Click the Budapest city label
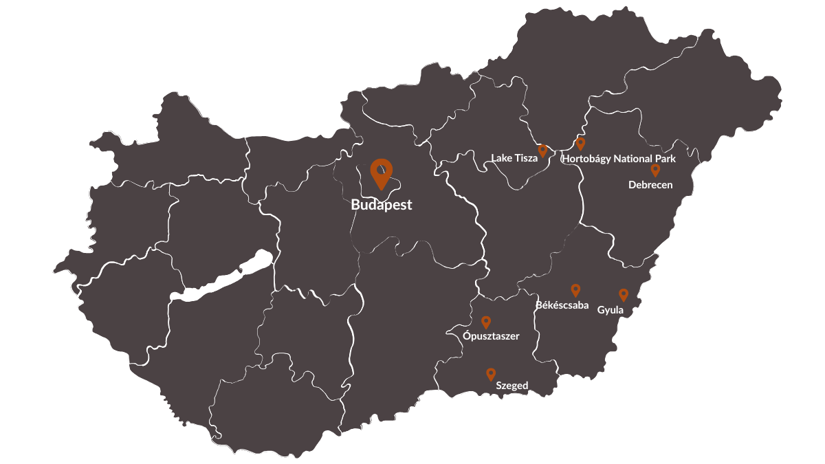point(381,205)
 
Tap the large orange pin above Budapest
point(381,172)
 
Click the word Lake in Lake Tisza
point(501,158)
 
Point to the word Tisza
point(526,158)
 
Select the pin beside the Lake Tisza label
point(542,151)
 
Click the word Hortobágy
point(586,159)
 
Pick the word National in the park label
point(634,159)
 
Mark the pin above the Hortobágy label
point(580,143)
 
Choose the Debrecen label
point(650,185)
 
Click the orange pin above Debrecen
point(655,170)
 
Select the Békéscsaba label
point(562,305)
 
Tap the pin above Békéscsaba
point(575,290)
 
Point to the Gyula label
point(610,310)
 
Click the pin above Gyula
point(624,294)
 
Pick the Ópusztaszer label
point(491,336)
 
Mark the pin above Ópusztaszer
point(486,322)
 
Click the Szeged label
point(512,386)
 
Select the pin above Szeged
point(491,374)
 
